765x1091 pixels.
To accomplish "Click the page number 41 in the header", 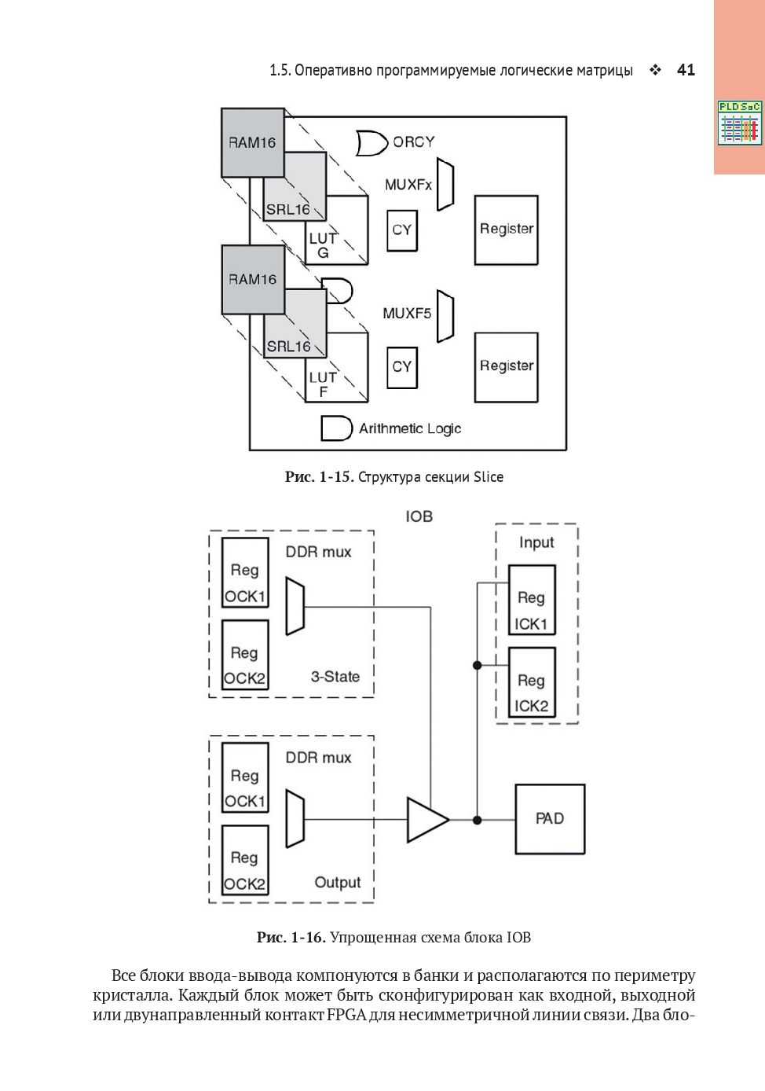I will click(x=686, y=70).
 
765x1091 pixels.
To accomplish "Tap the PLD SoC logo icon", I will click(x=739, y=123).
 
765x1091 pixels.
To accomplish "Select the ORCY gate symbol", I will click(x=372, y=143).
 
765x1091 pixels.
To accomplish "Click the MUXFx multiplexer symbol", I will click(x=445, y=186).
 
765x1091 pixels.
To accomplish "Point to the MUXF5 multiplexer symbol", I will click(x=445, y=316).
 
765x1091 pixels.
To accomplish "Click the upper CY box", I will click(x=402, y=230).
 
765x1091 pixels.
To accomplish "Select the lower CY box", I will click(x=402, y=367).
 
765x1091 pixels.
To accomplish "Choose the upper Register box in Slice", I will click(x=507, y=230).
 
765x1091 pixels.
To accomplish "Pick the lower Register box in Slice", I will click(x=507, y=367).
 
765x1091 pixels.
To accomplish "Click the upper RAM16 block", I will click(x=252, y=142).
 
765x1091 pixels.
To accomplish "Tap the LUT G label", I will click(x=323, y=245).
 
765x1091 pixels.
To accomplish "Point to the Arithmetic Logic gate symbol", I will click(x=336, y=428).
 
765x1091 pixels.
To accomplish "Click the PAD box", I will click(x=550, y=819).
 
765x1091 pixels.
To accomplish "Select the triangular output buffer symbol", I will click(x=426, y=820).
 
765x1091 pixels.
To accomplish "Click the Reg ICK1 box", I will click(x=532, y=611).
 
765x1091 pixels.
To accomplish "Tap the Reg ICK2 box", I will click(x=532, y=693).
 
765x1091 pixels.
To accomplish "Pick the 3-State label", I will click(x=335, y=677).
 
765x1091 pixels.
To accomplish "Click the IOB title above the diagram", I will click(x=419, y=516).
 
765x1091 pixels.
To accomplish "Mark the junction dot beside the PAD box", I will click(x=477, y=820).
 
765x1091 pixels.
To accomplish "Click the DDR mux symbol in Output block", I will click(x=295, y=819).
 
